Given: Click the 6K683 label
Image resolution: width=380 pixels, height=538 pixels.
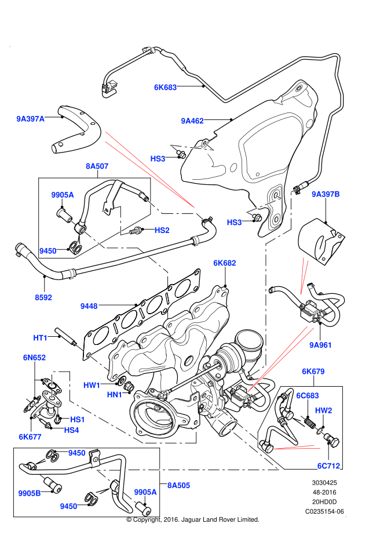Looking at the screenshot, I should click(x=165, y=88).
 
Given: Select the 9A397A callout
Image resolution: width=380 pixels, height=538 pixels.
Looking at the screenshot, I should click(x=30, y=119).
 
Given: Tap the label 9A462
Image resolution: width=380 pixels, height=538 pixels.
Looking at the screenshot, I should click(x=192, y=121).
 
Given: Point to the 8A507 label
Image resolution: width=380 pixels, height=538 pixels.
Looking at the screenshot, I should click(x=97, y=166).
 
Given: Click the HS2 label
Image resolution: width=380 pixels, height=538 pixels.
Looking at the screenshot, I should click(x=162, y=230).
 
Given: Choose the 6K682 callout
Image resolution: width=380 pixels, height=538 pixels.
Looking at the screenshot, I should click(x=225, y=263).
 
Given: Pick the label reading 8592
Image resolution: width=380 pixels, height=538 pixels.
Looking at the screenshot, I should click(x=43, y=297).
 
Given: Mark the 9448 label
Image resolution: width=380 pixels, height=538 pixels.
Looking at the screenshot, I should click(x=89, y=306).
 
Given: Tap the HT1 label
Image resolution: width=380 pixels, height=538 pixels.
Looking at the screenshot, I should click(x=40, y=338).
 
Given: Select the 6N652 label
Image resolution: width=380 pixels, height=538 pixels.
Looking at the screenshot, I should click(x=34, y=358).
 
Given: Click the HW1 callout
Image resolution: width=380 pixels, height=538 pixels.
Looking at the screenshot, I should click(x=92, y=386).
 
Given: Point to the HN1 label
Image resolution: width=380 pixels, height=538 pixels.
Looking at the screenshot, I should click(x=114, y=395).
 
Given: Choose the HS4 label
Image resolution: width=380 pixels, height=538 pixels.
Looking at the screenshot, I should click(x=71, y=430).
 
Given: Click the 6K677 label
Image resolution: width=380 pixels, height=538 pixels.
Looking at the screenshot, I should click(x=30, y=437).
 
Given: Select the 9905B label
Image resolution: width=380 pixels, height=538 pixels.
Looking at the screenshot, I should click(x=30, y=493).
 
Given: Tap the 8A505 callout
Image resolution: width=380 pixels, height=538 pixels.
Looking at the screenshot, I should click(x=178, y=485).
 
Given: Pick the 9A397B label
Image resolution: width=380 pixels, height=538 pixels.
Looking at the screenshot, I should click(x=326, y=194).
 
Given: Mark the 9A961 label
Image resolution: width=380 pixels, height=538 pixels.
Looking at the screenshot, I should click(x=320, y=345).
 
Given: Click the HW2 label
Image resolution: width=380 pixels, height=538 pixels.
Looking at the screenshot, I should click(x=323, y=410).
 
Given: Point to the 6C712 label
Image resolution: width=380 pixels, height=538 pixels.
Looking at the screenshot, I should click(x=328, y=466).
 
